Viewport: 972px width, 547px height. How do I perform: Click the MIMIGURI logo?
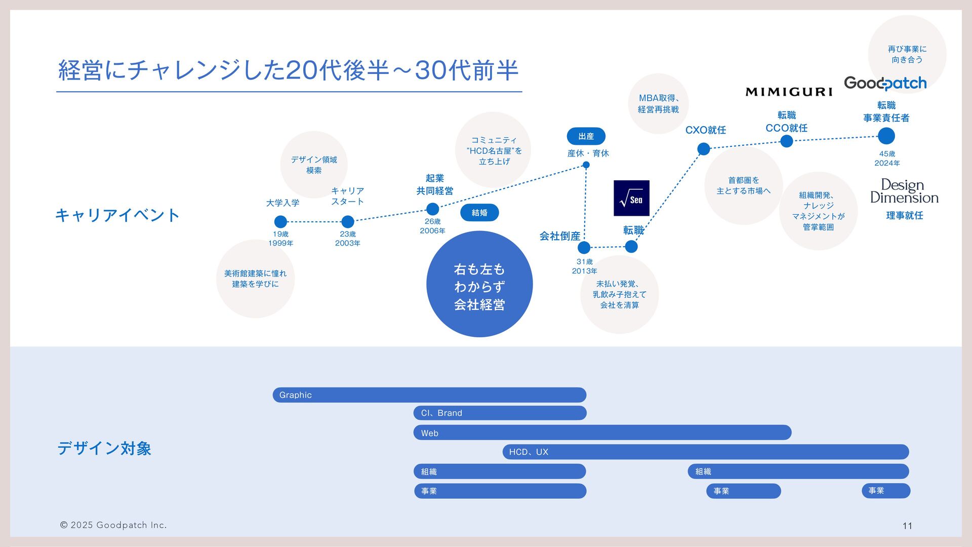[789, 92]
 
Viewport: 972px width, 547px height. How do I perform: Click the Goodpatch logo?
[885, 83]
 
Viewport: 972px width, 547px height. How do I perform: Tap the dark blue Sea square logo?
[631, 198]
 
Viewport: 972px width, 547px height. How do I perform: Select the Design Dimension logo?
[904, 191]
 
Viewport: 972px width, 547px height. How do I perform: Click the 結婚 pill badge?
[479, 213]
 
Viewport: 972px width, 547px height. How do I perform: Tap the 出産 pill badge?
[586, 136]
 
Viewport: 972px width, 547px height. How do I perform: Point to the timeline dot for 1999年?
[280, 222]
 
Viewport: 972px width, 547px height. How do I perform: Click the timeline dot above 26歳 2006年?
[432, 209]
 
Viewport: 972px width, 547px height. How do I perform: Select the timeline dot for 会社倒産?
[584, 247]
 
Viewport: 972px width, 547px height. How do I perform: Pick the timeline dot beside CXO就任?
[704, 149]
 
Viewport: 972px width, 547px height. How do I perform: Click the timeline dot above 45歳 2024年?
[886, 136]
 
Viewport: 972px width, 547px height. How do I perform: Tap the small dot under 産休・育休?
[586, 165]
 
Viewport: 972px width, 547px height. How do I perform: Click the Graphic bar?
[429, 395]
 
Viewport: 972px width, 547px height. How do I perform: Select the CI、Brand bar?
[500, 413]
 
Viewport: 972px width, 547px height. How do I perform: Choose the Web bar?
[602, 433]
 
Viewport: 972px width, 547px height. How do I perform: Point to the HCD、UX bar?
[705, 452]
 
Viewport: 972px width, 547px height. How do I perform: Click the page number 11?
[907, 526]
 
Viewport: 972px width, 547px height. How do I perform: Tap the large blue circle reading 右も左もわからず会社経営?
[479, 284]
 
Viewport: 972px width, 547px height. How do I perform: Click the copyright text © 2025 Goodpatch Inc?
[113, 525]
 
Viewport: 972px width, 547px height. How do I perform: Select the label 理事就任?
[904, 216]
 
